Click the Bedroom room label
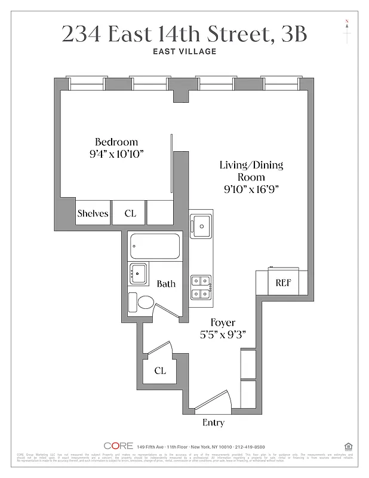[x=116, y=142]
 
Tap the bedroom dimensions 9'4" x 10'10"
[x=116, y=154]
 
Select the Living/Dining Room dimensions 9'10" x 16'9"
[x=250, y=189]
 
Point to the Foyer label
[x=222, y=323]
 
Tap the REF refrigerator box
[x=282, y=283]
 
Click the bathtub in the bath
[x=155, y=246]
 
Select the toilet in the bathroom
[x=141, y=302]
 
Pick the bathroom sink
[x=139, y=274]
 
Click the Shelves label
[x=93, y=213]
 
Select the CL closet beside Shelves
[x=130, y=213]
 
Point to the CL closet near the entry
[x=159, y=370]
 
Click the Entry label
[x=213, y=423]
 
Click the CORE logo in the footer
[x=118, y=446]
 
